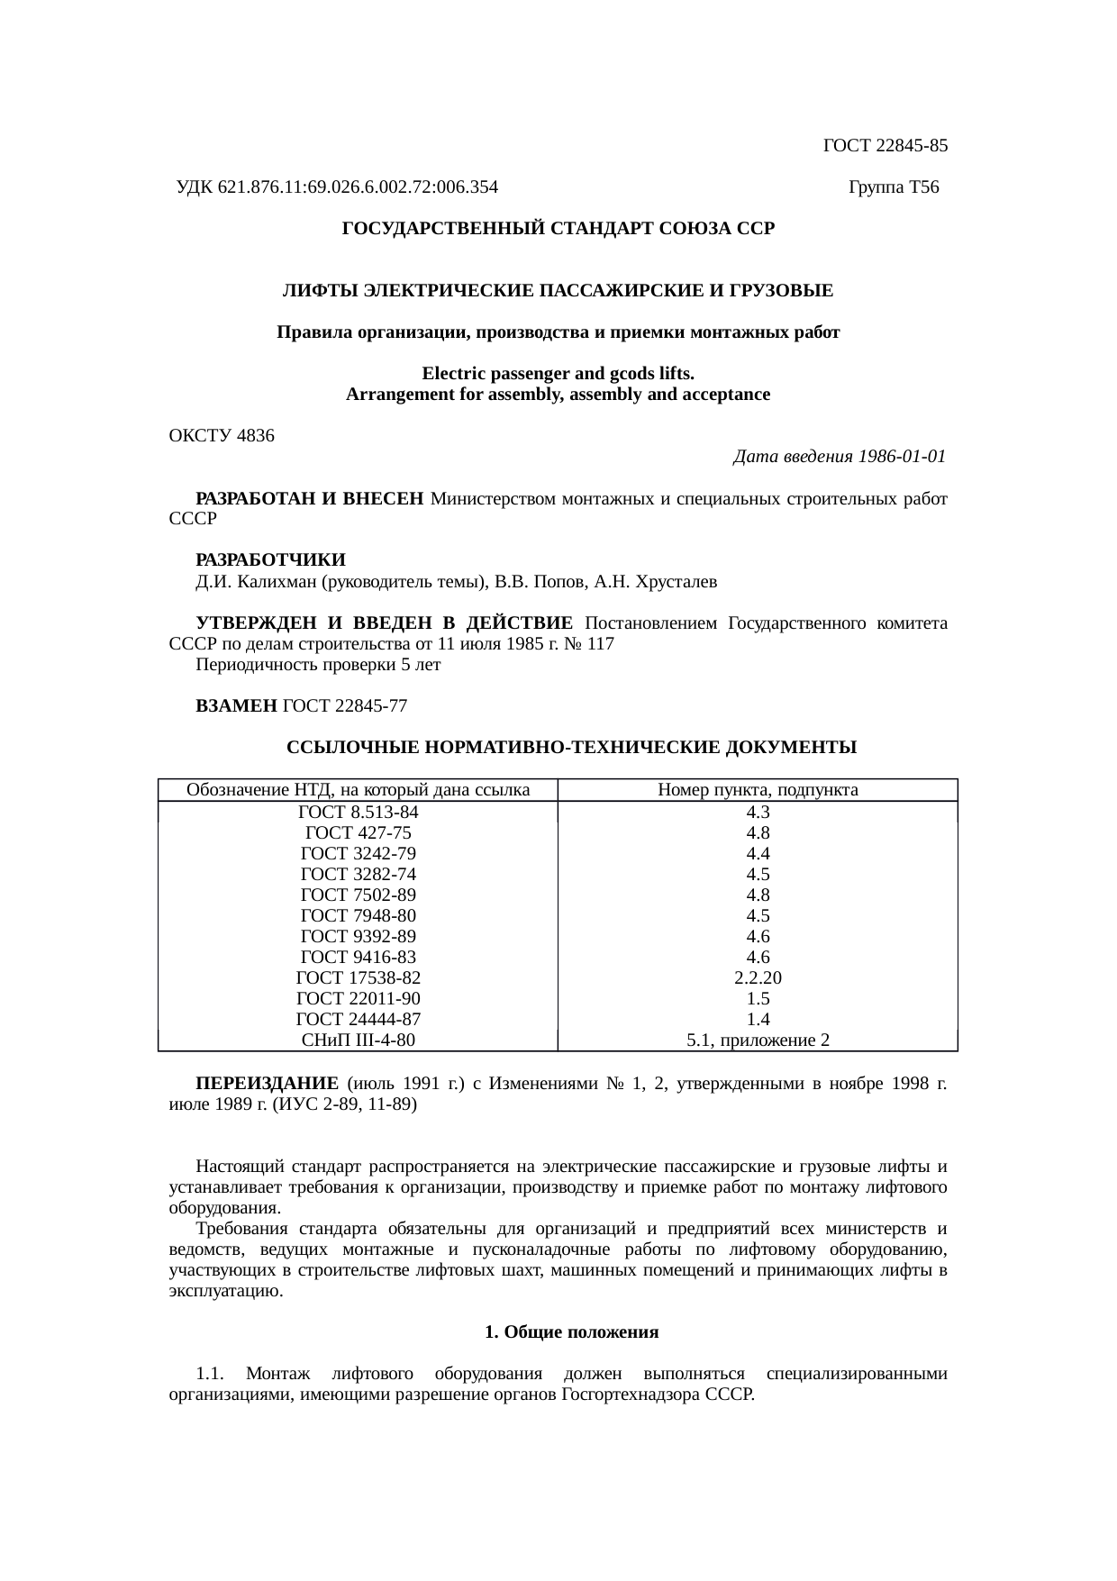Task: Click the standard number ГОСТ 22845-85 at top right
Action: click(885, 145)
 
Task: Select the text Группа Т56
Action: click(894, 187)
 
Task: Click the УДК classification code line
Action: click(337, 187)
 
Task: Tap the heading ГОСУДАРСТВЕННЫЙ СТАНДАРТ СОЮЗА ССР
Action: click(558, 229)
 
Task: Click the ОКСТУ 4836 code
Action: click(222, 436)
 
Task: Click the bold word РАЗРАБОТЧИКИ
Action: click(270, 561)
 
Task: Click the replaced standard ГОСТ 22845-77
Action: click(345, 707)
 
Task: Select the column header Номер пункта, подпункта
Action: click(758, 791)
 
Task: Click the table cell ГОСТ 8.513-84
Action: click(358, 812)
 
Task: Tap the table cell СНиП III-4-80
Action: click(358, 1040)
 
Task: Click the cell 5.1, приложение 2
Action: click(758, 1040)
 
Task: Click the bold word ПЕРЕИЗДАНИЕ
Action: click(267, 1083)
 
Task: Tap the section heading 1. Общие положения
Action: click(571, 1332)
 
